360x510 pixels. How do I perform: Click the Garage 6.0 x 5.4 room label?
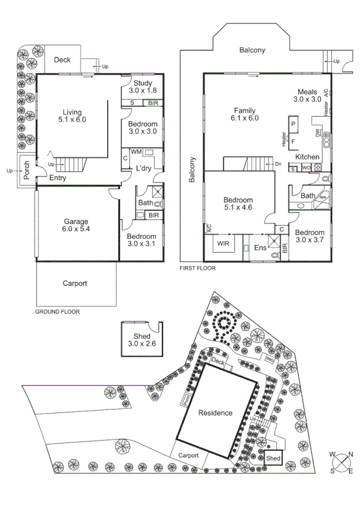(x=76, y=225)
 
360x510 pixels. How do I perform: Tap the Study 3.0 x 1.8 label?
(x=143, y=87)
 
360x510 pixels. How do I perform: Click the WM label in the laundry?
(x=135, y=153)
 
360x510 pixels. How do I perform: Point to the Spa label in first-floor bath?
(x=322, y=197)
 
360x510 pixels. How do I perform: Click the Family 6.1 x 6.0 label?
(x=245, y=114)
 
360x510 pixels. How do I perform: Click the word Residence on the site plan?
(x=215, y=413)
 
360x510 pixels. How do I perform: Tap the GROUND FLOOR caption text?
(x=57, y=312)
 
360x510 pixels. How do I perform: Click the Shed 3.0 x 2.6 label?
(x=142, y=340)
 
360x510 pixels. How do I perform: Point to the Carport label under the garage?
(x=75, y=283)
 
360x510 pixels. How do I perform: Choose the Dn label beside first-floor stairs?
(x=278, y=164)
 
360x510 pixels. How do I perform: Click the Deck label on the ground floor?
(x=63, y=60)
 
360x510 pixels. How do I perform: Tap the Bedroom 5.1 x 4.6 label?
(x=238, y=204)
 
